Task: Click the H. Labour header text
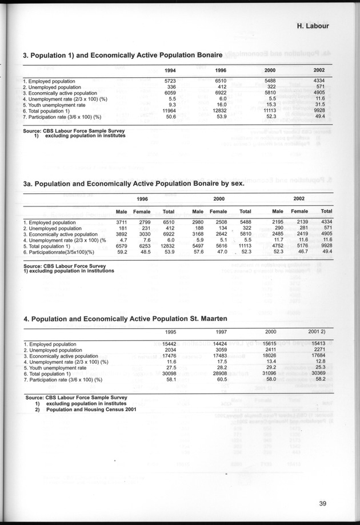pos(321,26)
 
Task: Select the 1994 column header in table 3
pos(170,70)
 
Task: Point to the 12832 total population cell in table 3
pos(219,110)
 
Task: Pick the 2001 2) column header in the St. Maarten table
pos(317,332)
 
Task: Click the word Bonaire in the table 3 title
pos(203,55)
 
